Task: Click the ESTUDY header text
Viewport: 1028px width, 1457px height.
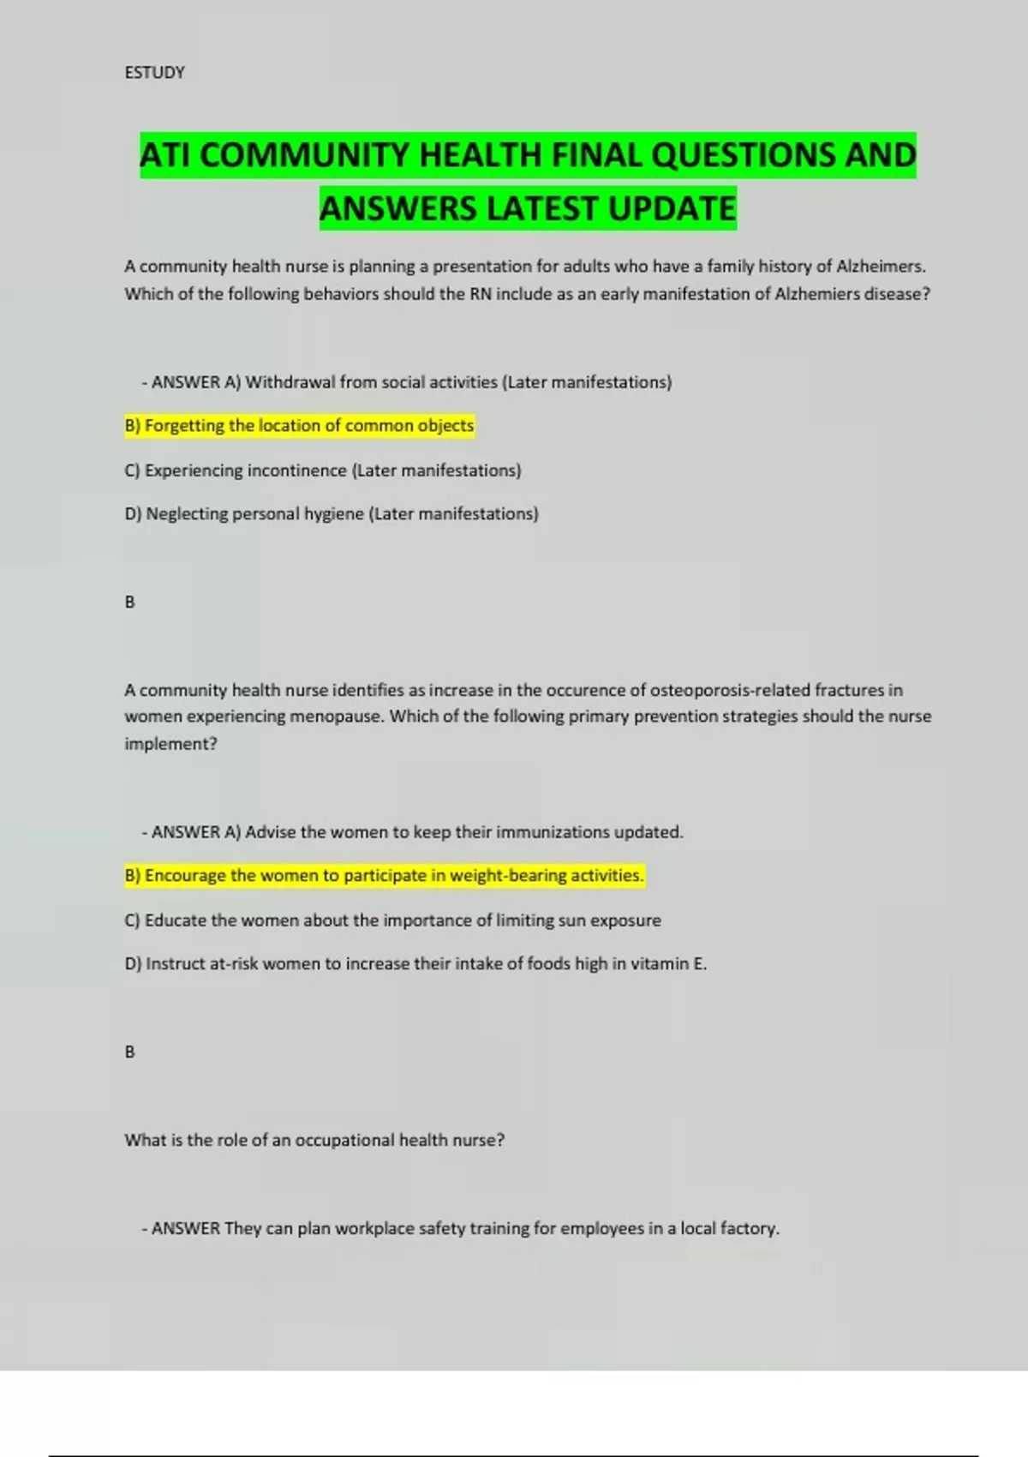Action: point(154,73)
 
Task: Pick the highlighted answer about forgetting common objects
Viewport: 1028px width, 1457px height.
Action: point(300,426)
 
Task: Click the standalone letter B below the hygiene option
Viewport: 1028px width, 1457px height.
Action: point(130,603)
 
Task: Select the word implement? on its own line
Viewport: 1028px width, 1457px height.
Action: point(170,744)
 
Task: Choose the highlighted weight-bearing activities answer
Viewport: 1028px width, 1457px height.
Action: point(385,876)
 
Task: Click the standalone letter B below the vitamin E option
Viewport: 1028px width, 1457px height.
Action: point(130,1052)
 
